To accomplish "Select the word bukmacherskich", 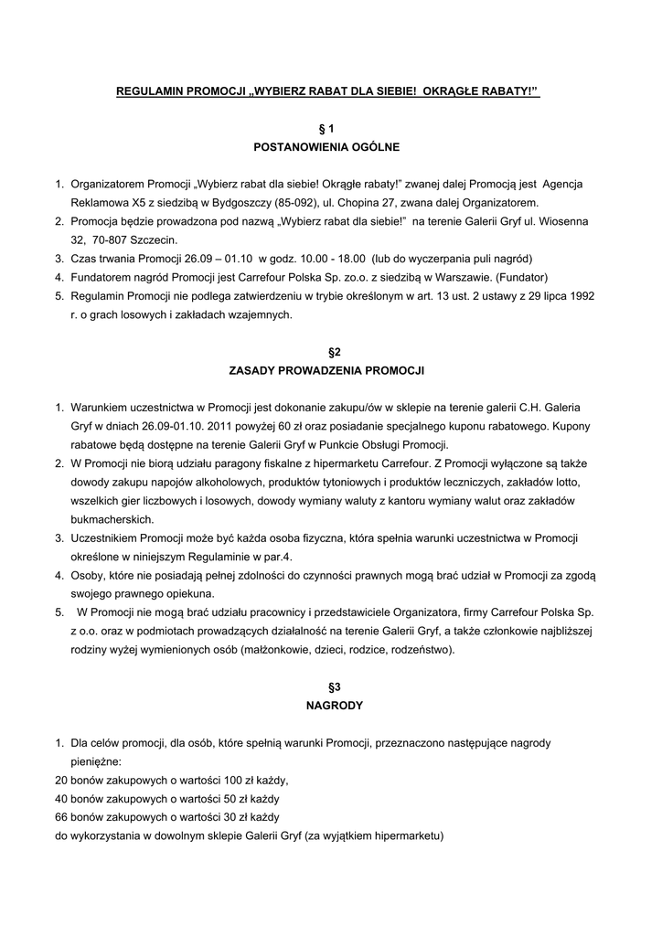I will click(110, 518).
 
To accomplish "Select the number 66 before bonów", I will click(62, 816).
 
